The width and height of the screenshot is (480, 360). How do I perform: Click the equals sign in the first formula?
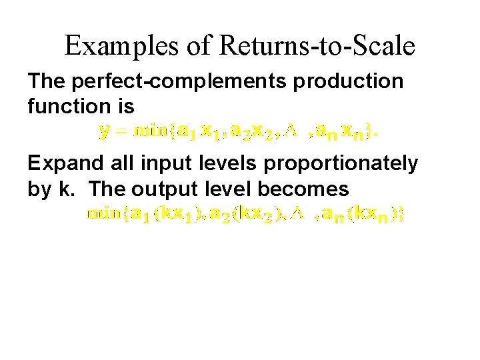click(122, 131)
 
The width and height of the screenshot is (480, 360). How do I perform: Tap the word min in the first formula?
click(150, 131)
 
